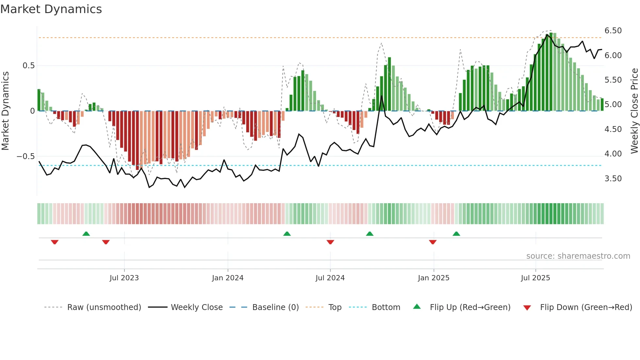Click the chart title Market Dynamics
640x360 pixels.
[x=51, y=9]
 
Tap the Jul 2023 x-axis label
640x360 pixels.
[x=124, y=278]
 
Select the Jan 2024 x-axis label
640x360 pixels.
[x=228, y=278]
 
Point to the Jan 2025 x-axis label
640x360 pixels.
[x=433, y=278]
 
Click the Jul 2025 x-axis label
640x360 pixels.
[x=535, y=278]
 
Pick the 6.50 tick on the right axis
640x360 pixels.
[x=613, y=31]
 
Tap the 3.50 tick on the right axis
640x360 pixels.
[x=613, y=179]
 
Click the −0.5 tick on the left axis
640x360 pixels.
[x=25, y=156]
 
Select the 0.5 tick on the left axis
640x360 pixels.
[x=28, y=66]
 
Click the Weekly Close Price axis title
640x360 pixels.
[x=634, y=111]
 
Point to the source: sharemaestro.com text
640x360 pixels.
[x=578, y=256]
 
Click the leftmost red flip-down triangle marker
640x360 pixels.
[x=55, y=242]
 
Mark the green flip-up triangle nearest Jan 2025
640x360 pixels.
[x=456, y=234]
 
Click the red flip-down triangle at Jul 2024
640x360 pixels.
[x=330, y=242]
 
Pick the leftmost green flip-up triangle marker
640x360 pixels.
[x=86, y=234]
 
